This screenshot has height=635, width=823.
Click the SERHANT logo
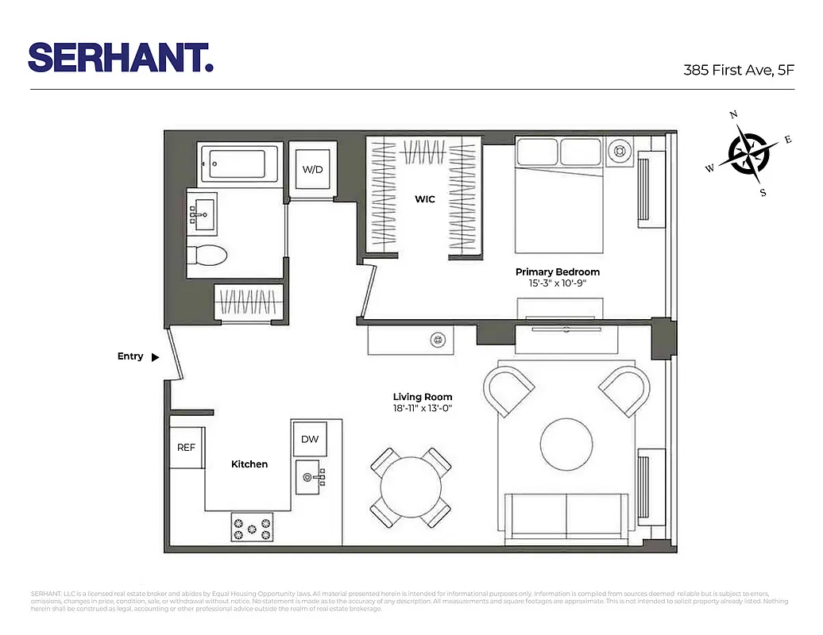tap(121, 57)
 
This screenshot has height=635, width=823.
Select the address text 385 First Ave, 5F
tap(739, 70)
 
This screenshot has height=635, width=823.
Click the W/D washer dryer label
tap(312, 169)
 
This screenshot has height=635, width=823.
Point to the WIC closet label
tap(425, 199)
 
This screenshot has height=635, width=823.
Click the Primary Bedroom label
tap(557, 271)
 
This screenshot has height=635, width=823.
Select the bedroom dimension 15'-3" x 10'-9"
tap(557, 283)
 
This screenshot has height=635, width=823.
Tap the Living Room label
tap(423, 397)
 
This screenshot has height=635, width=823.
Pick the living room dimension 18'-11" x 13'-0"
tap(423, 409)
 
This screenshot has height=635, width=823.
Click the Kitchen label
tap(249, 464)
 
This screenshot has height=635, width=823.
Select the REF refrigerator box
tap(186, 448)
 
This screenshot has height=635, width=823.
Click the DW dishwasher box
tap(309, 440)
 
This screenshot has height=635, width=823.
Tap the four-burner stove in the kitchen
tap(251, 526)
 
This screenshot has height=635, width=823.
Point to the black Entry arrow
tap(156, 357)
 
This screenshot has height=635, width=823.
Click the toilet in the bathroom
tap(207, 255)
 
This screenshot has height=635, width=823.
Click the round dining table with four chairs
tap(411, 488)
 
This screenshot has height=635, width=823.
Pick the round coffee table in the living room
tap(566, 444)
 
